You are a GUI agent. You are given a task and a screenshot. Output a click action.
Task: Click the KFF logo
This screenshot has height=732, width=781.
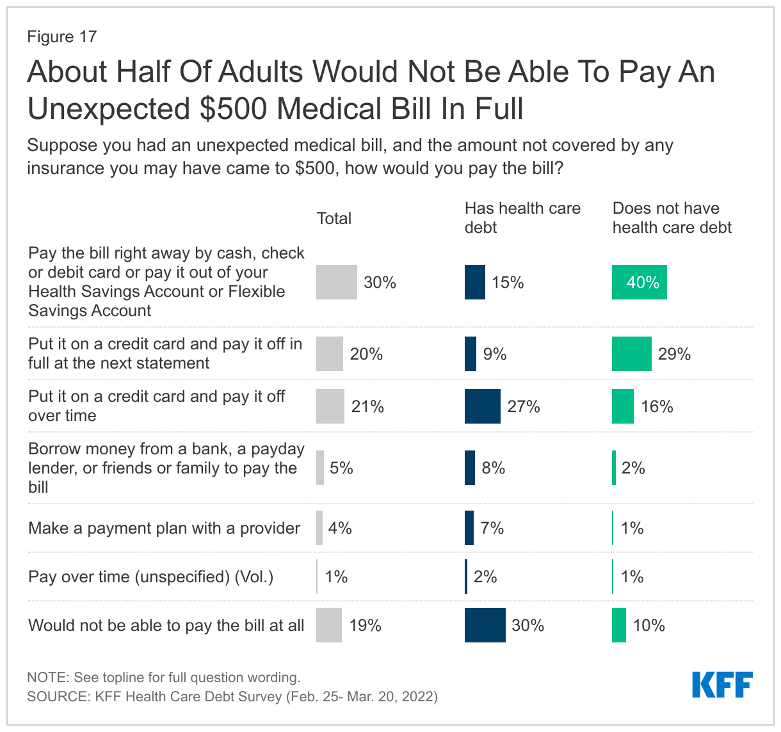722,685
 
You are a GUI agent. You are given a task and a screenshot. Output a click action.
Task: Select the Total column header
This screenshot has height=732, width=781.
334,218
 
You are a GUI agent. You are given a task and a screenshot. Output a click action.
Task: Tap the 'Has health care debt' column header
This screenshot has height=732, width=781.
522,218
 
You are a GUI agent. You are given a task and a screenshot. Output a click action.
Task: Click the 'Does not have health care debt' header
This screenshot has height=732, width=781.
672,218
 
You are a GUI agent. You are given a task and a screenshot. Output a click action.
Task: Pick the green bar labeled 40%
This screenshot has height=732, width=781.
639,282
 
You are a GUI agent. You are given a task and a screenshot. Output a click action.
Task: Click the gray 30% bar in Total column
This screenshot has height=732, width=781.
336,282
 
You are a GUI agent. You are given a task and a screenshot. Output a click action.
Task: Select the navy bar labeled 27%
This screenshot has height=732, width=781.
482,406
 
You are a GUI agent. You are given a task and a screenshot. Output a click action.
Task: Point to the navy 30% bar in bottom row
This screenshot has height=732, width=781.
485,625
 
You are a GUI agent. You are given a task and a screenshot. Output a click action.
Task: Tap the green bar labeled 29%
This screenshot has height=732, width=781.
631,354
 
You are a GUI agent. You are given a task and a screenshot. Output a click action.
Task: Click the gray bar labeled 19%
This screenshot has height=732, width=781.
329,625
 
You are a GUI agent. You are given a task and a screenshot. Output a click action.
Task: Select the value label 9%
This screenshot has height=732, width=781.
495,354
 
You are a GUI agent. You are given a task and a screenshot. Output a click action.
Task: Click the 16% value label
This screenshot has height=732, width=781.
657,406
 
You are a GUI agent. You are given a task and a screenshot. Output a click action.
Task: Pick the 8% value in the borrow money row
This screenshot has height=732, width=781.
494,468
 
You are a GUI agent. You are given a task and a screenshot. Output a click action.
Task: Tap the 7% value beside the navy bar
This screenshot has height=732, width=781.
492,528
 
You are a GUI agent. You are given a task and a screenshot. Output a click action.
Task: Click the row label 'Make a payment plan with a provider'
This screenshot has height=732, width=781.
164,528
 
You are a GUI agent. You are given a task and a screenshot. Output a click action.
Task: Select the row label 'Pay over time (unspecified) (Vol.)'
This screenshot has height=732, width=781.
150,577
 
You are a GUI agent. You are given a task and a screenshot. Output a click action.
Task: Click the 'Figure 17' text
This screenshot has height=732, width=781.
61,36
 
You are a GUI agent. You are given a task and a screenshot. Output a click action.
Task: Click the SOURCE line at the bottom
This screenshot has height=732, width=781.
232,696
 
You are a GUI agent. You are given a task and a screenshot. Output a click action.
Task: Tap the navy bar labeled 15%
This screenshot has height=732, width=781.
474,282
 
